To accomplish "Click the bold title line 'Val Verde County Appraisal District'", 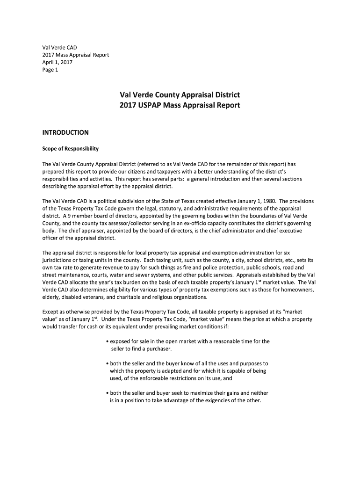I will click(x=180, y=95).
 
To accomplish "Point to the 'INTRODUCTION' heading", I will click(x=65, y=133).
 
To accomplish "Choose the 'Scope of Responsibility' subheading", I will click(x=70, y=149).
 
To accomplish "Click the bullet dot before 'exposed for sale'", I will click(x=107, y=341).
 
